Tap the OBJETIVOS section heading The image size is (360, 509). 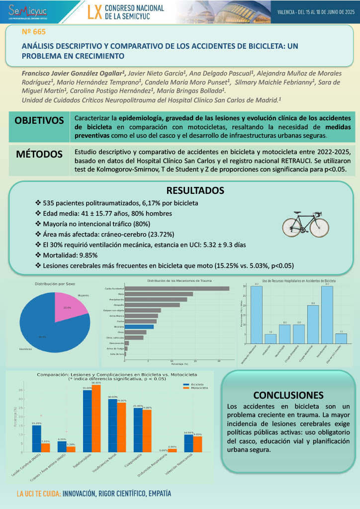[39, 121]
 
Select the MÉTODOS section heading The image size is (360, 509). [39, 153]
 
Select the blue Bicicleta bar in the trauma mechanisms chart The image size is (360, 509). [139, 327]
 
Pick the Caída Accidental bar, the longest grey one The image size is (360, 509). [177, 288]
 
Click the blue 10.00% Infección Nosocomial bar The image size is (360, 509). [189, 443]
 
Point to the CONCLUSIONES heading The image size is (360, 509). [288, 395]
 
